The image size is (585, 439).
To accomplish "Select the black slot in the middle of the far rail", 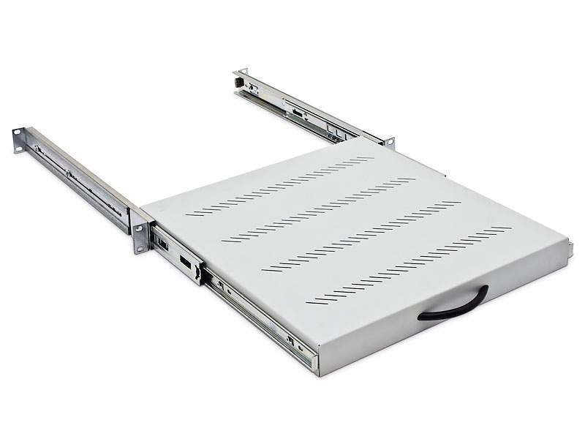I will pyautogui.click(x=299, y=116).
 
